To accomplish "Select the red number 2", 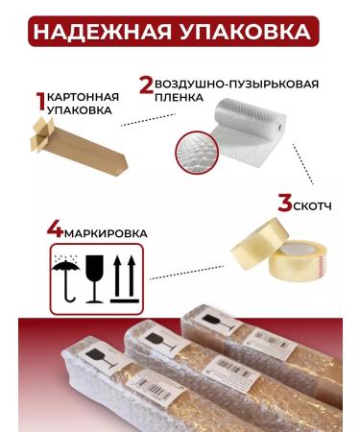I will [146, 84].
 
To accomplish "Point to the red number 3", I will [284, 204].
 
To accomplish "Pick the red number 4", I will [55, 231].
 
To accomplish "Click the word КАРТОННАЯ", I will [84, 97].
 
